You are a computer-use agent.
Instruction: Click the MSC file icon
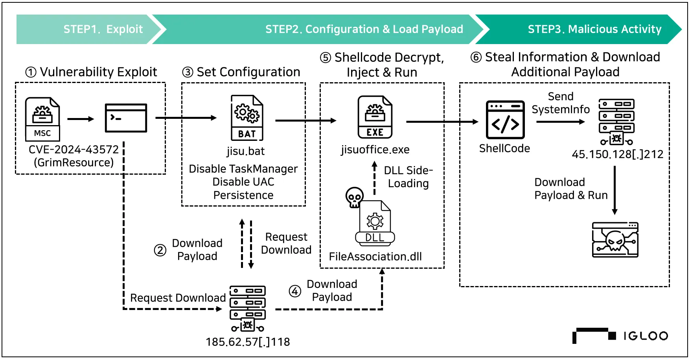pyautogui.click(x=42, y=119)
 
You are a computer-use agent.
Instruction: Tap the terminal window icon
pyautogui.click(x=126, y=118)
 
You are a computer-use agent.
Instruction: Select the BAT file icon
pyautogui.click(x=247, y=118)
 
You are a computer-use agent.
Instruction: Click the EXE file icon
pyautogui.click(x=375, y=117)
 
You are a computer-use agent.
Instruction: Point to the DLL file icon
pyautogui.click(x=375, y=223)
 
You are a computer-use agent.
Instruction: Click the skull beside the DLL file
pyautogui.click(x=354, y=196)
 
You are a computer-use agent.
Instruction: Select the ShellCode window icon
pyautogui.click(x=505, y=120)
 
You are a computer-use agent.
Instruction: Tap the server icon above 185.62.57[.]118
pyautogui.click(x=248, y=308)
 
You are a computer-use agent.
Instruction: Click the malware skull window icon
pyautogui.click(x=615, y=240)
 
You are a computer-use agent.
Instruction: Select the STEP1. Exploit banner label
pyautogui.click(x=103, y=29)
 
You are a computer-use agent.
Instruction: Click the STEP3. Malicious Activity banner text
pyautogui.click(x=594, y=29)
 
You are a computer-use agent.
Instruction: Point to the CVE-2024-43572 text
pyautogui.click(x=74, y=150)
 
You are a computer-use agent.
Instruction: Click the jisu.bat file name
pyautogui.click(x=246, y=151)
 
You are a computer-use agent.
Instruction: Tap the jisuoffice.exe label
pyautogui.click(x=375, y=150)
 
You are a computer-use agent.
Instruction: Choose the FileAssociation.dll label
pyautogui.click(x=375, y=257)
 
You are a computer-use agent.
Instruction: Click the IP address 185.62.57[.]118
pyautogui.click(x=248, y=342)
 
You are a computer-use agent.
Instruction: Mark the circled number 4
pyautogui.click(x=295, y=291)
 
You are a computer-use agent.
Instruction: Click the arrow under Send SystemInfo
pyautogui.click(x=561, y=122)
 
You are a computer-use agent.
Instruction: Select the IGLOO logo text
pyautogui.click(x=646, y=336)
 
